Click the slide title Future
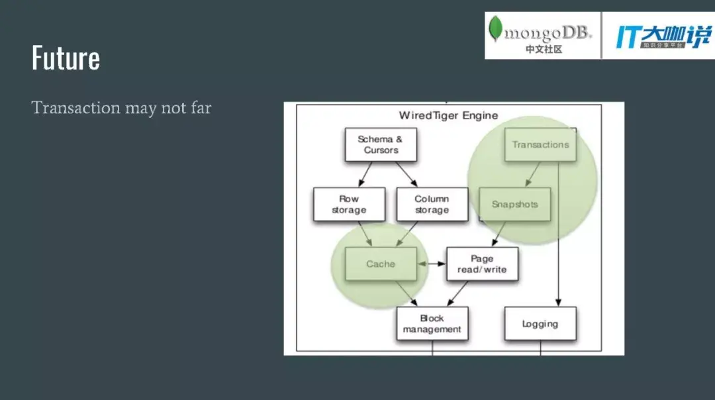coord(66,58)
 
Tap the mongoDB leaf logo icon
coord(495,30)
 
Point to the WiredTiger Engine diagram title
coord(448,115)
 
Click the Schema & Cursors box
coord(381,144)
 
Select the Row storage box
coord(349,204)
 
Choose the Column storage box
coord(432,204)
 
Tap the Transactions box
coord(540,144)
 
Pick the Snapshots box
coord(514,204)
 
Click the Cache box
coord(381,264)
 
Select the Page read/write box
coord(482,264)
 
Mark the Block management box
coord(432,323)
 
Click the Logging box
coord(540,324)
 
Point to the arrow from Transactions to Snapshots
coord(532,174)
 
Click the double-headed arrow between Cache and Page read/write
coord(432,264)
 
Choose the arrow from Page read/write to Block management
coord(458,293)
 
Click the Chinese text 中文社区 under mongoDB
coord(544,49)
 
